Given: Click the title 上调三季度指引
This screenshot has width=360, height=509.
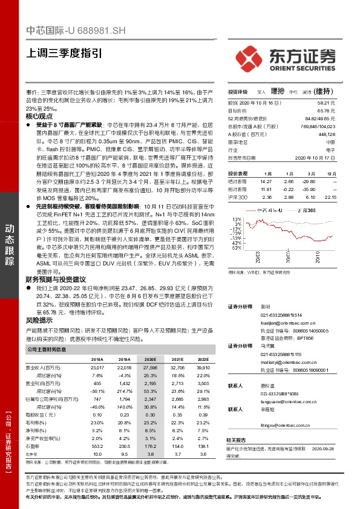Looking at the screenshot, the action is [x=64, y=53].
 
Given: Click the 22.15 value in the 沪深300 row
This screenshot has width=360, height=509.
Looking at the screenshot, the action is [x=329, y=197].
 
